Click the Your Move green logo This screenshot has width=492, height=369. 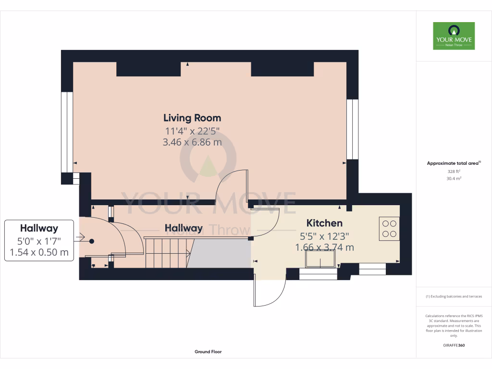click(x=454, y=36)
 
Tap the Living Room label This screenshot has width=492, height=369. click(x=192, y=118)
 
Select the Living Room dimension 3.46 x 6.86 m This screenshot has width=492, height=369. click(x=192, y=142)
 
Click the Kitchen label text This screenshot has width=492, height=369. click(x=324, y=223)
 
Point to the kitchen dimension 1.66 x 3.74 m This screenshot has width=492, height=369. click(x=324, y=247)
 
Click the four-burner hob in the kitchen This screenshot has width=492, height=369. click(x=389, y=229)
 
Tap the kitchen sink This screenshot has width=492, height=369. click(x=321, y=260)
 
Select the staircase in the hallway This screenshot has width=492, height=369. click(x=166, y=253)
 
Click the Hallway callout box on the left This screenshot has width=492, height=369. click(x=39, y=240)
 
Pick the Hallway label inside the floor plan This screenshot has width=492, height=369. click(x=184, y=229)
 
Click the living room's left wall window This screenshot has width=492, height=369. click(x=67, y=132)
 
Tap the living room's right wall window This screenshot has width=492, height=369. click(x=353, y=129)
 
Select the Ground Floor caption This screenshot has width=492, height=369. click(x=208, y=352)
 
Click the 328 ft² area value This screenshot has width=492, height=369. click(x=454, y=172)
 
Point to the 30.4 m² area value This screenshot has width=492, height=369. click(x=454, y=178)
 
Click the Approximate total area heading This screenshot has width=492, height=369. click(x=454, y=163)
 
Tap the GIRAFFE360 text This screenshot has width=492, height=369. click(x=454, y=345)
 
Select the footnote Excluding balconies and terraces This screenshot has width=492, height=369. click(x=454, y=296)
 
